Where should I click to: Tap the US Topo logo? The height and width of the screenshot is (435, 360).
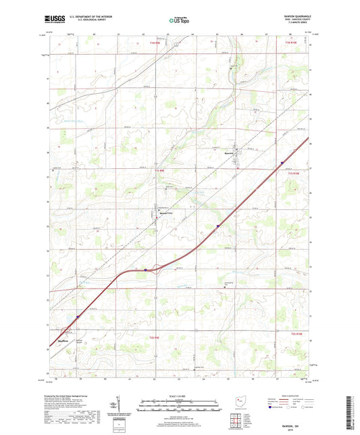coord(179,20)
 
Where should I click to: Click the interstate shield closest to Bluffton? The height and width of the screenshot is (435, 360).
coord(78,315)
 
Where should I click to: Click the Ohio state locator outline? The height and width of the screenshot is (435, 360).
coord(240,403)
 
